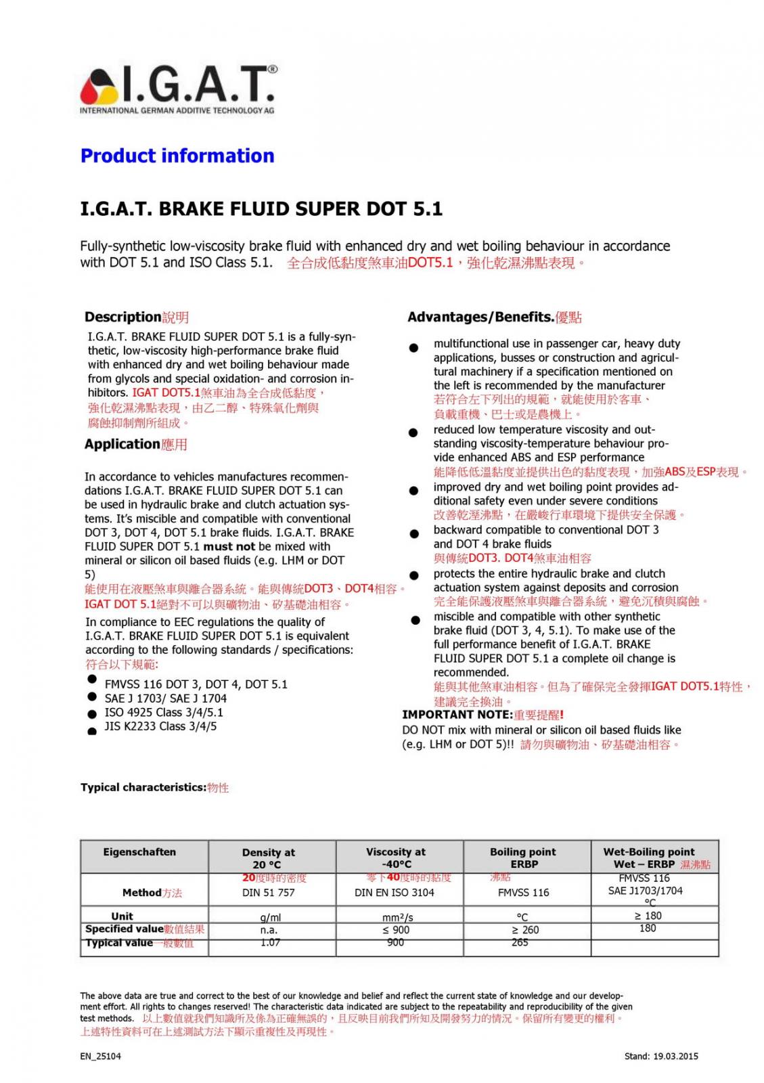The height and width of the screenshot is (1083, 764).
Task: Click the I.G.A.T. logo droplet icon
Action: point(99,87)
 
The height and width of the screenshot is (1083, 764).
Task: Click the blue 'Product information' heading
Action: point(177,156)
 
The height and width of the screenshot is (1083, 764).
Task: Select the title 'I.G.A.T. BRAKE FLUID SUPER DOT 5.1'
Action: point(261,208)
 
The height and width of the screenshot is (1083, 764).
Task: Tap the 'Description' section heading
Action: point(122,317)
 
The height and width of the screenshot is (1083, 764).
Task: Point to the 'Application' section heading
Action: point(122,444)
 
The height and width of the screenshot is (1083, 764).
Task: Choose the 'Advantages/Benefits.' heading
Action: point(480,317)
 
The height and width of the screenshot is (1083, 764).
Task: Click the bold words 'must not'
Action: point(229,546)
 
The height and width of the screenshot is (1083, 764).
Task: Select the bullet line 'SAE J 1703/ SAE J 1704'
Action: point(165,699)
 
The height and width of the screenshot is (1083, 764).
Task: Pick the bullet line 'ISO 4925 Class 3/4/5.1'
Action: point(164,713)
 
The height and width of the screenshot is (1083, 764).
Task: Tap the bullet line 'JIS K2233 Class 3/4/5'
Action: point(160,726)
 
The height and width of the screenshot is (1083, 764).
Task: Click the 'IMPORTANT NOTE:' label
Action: point(457,715)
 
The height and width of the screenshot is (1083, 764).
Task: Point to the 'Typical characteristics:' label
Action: point(143,787)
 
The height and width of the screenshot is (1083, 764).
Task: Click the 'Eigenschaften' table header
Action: point(139,852)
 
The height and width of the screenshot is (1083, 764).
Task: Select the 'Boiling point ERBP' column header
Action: point(523,858)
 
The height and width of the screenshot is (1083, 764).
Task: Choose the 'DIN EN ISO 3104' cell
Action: point(395,893)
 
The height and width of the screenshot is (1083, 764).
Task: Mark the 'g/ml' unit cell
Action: point(270,918)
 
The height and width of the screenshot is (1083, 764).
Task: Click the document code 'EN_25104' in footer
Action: point(101,1056)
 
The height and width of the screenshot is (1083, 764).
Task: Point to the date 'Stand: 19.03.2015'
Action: point(661,1056)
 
